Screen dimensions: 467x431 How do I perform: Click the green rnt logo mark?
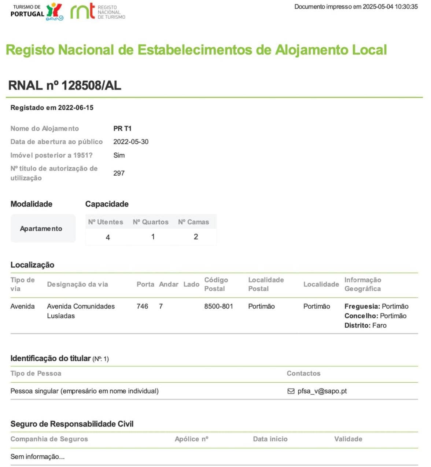[x=83, y=11]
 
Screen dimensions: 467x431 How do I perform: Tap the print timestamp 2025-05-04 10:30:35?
[x=390, y=7]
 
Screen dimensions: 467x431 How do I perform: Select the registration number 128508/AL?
[x=91, y=85]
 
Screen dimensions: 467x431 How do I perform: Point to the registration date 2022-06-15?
[x=75, y=108]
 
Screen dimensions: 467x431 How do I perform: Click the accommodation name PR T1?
[x=122, y=129]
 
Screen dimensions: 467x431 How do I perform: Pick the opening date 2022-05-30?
[x=131, y=142]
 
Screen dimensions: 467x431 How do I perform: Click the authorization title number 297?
[x=119, y=173]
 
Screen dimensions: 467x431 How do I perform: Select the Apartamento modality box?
[x=43, y=228]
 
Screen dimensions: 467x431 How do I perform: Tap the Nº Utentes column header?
[x=106, y=222]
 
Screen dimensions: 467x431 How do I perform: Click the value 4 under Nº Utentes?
[x=108, y=238]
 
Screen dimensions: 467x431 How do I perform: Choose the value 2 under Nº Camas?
[x=196, y=237]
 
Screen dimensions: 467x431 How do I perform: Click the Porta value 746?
[x=142, y=306]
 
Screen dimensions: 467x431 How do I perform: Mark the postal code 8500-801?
[x=218, y=306]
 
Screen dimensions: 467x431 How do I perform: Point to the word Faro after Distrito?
[x=379, y=326]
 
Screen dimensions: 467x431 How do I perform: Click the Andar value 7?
[x=161, y=306]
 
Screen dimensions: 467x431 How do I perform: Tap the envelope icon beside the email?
[x=291, y=391]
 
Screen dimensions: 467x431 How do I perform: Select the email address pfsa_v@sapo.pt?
[x=322, y=391]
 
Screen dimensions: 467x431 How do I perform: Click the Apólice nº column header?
[x=191, y=439]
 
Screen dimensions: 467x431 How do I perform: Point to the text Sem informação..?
[x=37, y=457]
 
